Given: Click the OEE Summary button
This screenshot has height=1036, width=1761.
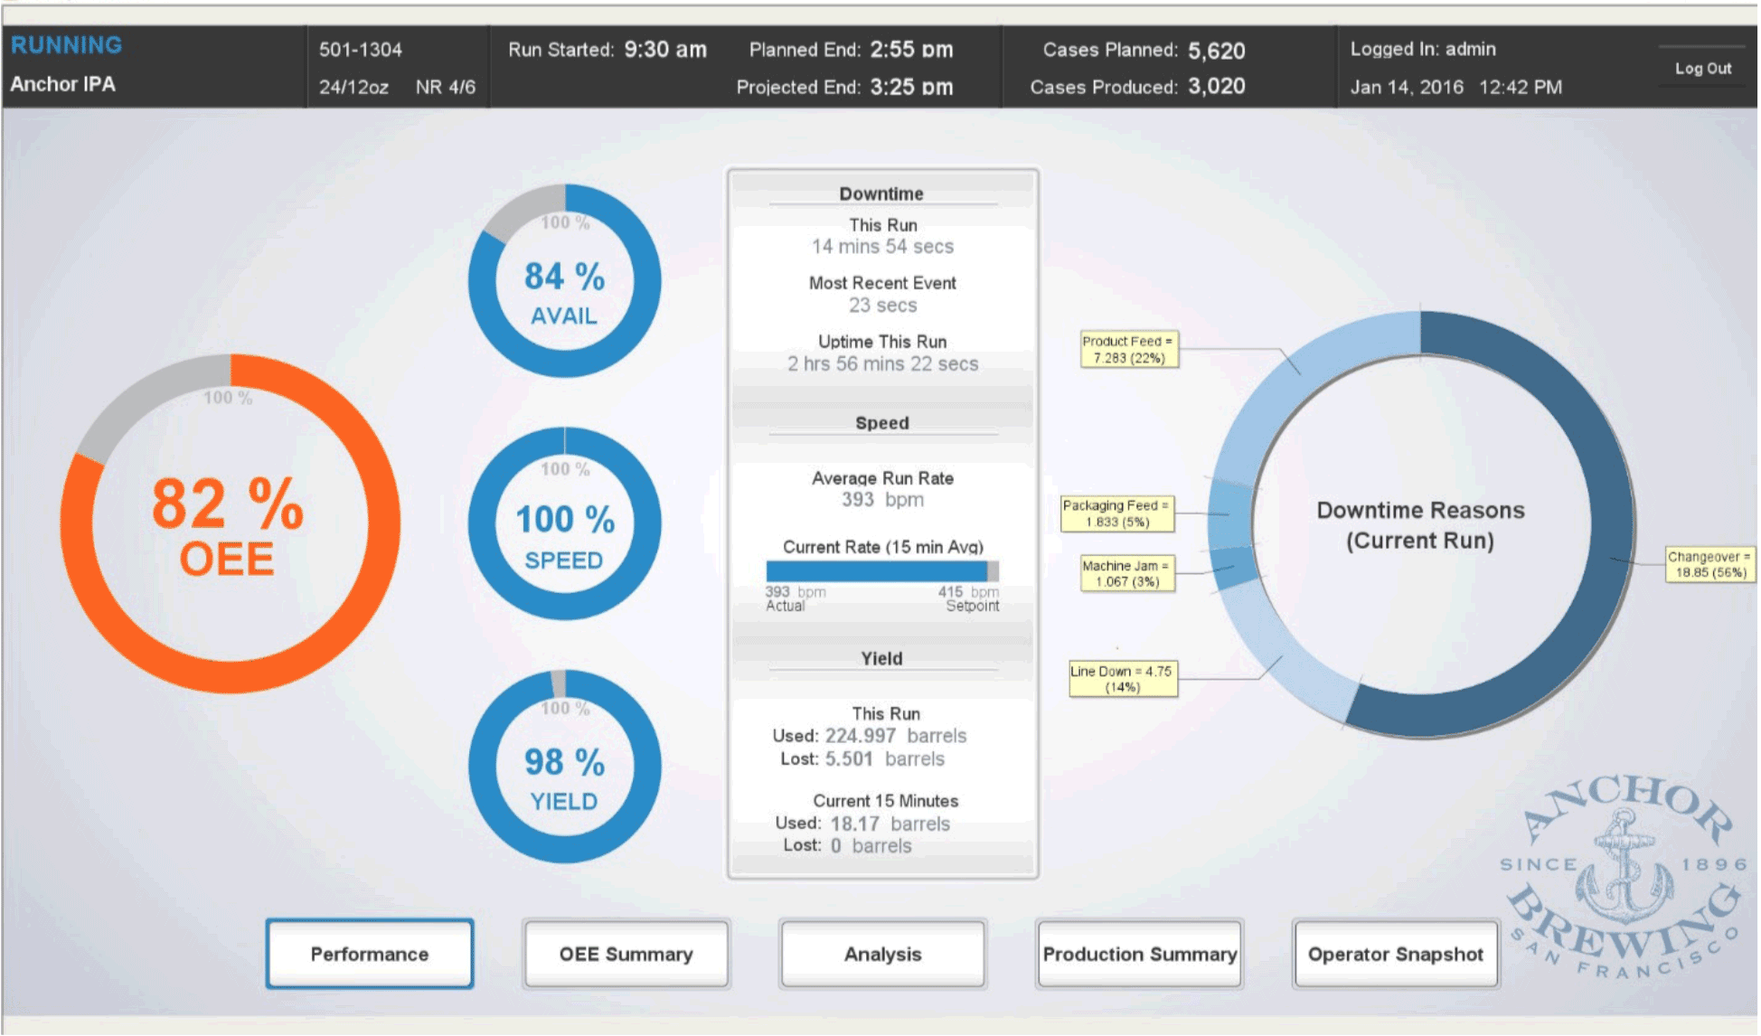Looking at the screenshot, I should click(626, 954).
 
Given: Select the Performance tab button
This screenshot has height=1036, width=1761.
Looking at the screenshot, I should click(370, 954).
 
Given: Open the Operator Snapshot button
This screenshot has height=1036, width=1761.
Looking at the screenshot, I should click(1395, 954).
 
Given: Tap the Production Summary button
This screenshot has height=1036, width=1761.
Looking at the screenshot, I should click(1139, 954).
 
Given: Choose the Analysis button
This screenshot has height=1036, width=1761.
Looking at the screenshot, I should click(882, 954).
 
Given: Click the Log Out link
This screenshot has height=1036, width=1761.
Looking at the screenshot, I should click(1702, 69).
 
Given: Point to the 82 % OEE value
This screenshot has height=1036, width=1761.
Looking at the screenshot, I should click(228, 504).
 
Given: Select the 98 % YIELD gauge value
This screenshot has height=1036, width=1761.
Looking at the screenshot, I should click(564, 763).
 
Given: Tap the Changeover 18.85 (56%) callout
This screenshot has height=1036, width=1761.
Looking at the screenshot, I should click(1710, 564).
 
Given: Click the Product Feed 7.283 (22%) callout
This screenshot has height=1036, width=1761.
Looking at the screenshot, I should click(1128, 350).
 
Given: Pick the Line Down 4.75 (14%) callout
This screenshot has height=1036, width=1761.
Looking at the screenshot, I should click(1122, 679).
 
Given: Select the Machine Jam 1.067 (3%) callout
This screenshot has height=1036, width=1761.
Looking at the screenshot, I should click(1126, 573).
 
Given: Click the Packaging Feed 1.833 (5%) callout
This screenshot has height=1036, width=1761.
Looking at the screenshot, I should click(1116, 513).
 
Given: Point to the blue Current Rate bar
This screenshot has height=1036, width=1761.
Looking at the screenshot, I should click(875, 571).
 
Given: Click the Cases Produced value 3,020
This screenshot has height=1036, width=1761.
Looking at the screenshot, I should click(1216, 87).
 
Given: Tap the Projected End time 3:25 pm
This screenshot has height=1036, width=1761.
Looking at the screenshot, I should click(911, 88).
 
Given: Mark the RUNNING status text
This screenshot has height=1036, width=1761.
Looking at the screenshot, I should click(66, 45).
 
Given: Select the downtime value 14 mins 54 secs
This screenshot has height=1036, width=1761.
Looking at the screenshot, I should click(882, 247).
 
